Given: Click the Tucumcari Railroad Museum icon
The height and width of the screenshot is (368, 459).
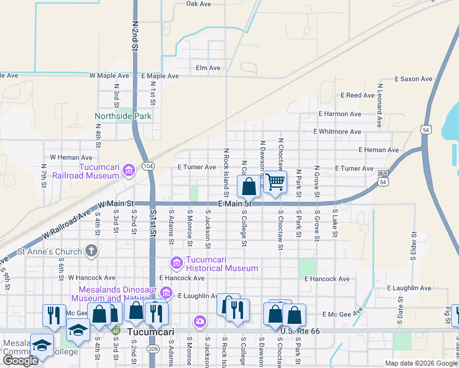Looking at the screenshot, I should pyautogui.click(x=128, y=170).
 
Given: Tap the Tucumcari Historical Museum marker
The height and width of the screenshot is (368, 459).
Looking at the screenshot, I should pyautogui.click(x=177, y=263).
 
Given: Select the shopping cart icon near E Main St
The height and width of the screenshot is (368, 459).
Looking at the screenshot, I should pyautogui.click(x=276, y=182).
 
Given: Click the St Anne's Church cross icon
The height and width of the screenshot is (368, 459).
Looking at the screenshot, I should pyautogui.click(x=91, y=250).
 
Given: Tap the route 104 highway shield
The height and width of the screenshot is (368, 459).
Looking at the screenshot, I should pyautogui.click(x=148, y=166).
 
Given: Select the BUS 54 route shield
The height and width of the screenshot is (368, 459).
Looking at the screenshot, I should pyautogui.click(x=383, y=178).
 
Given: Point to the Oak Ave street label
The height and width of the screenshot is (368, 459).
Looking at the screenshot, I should pyautogui.click(x=198, y=4).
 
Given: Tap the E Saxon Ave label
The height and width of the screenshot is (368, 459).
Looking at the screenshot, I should pyautogui.click(x=414, y=79).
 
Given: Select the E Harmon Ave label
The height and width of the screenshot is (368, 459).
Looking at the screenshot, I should pyautogui.click(x=339, y=114).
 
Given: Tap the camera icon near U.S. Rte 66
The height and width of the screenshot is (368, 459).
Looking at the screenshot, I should pyautogui.click(x=200, y=321).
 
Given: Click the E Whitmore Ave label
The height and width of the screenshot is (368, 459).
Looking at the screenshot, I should pyautogui.click(x=337, y=132).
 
